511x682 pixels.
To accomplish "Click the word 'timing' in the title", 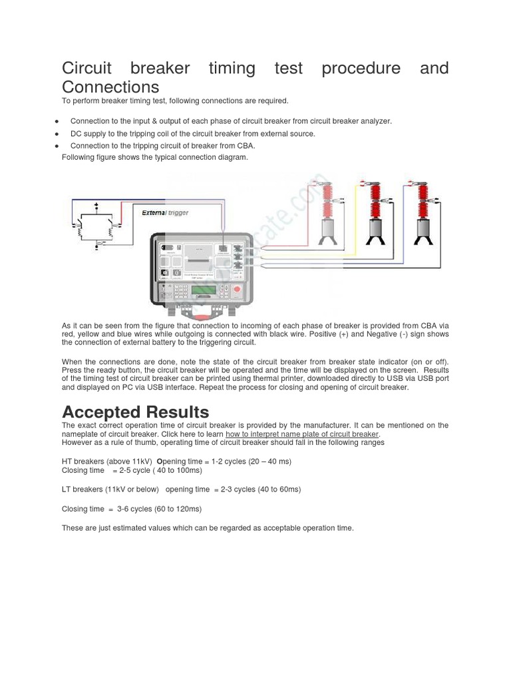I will pyautogui.click(x=236, y=69).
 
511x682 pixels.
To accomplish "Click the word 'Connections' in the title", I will pyautogui.click(x=110, y=87).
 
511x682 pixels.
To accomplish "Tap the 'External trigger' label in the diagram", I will pyautogui.click(x=165, y=212).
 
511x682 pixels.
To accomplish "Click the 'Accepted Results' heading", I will pyautogui.click(x=135, y=412).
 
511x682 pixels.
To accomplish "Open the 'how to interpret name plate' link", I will pyautogui.click(x=302, y=434).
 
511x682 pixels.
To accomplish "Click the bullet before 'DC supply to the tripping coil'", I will pyautogui.click(x=58, y=134).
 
